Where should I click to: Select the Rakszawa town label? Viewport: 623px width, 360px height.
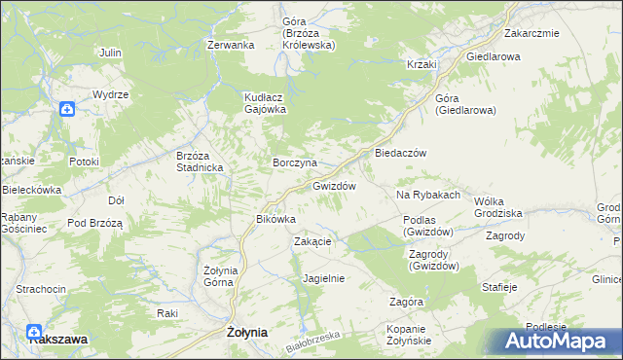click(x=58, y=340)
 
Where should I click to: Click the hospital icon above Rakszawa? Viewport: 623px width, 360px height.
click(x=35, y=331)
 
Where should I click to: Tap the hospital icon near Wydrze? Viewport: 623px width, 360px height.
click(x=65, y=109)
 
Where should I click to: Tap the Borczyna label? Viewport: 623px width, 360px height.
click(x=294, y=162)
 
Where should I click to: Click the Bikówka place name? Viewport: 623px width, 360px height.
click(x=275, y=220)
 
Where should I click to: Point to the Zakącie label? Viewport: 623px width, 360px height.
click(x=313, y=242)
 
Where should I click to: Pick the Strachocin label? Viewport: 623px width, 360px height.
click(x=41, y=290)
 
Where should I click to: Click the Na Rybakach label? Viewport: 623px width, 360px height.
click(x=427, y=196)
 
